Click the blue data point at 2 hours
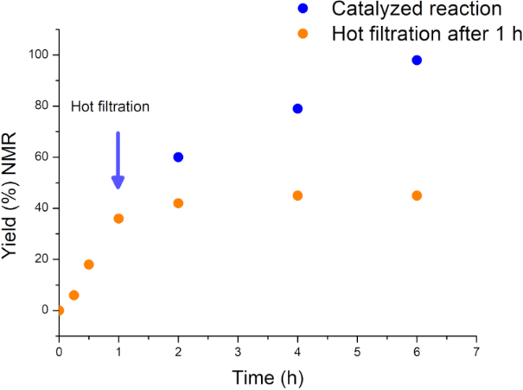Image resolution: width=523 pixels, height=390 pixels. pos(178,157)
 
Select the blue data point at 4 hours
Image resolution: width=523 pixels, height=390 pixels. pos(297,109)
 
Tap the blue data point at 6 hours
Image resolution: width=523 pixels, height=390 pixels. pos(417,61)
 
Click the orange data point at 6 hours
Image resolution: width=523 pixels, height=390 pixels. pos(417,195)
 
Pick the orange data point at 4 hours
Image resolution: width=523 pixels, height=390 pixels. pos(297,195)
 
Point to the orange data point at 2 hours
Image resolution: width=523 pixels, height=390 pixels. pos(178,203)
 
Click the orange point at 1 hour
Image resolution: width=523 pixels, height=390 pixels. pos(118,219)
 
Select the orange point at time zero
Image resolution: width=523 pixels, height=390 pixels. pos(59,310)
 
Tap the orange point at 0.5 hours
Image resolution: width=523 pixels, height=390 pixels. pos(88,265)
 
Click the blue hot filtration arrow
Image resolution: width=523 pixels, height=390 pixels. pos(118,160)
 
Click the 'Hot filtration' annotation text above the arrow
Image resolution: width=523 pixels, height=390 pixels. pos(111,106)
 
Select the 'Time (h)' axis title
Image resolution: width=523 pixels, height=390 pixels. pos(267,378)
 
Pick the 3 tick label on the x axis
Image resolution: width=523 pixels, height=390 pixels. pos(238,352)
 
